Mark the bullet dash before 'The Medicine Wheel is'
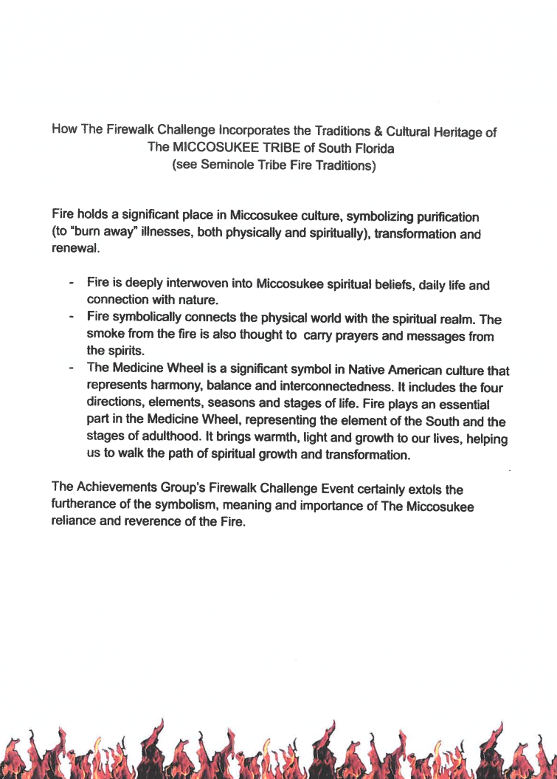72,368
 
